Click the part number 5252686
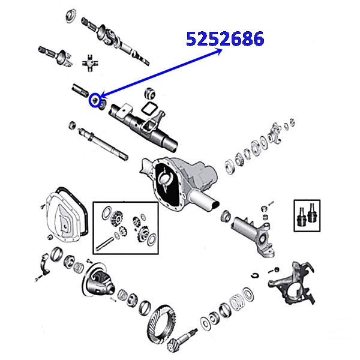[x=225, y=39]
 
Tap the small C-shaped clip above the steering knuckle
[x=254, y=275]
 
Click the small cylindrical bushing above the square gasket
[x=151, y=94]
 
